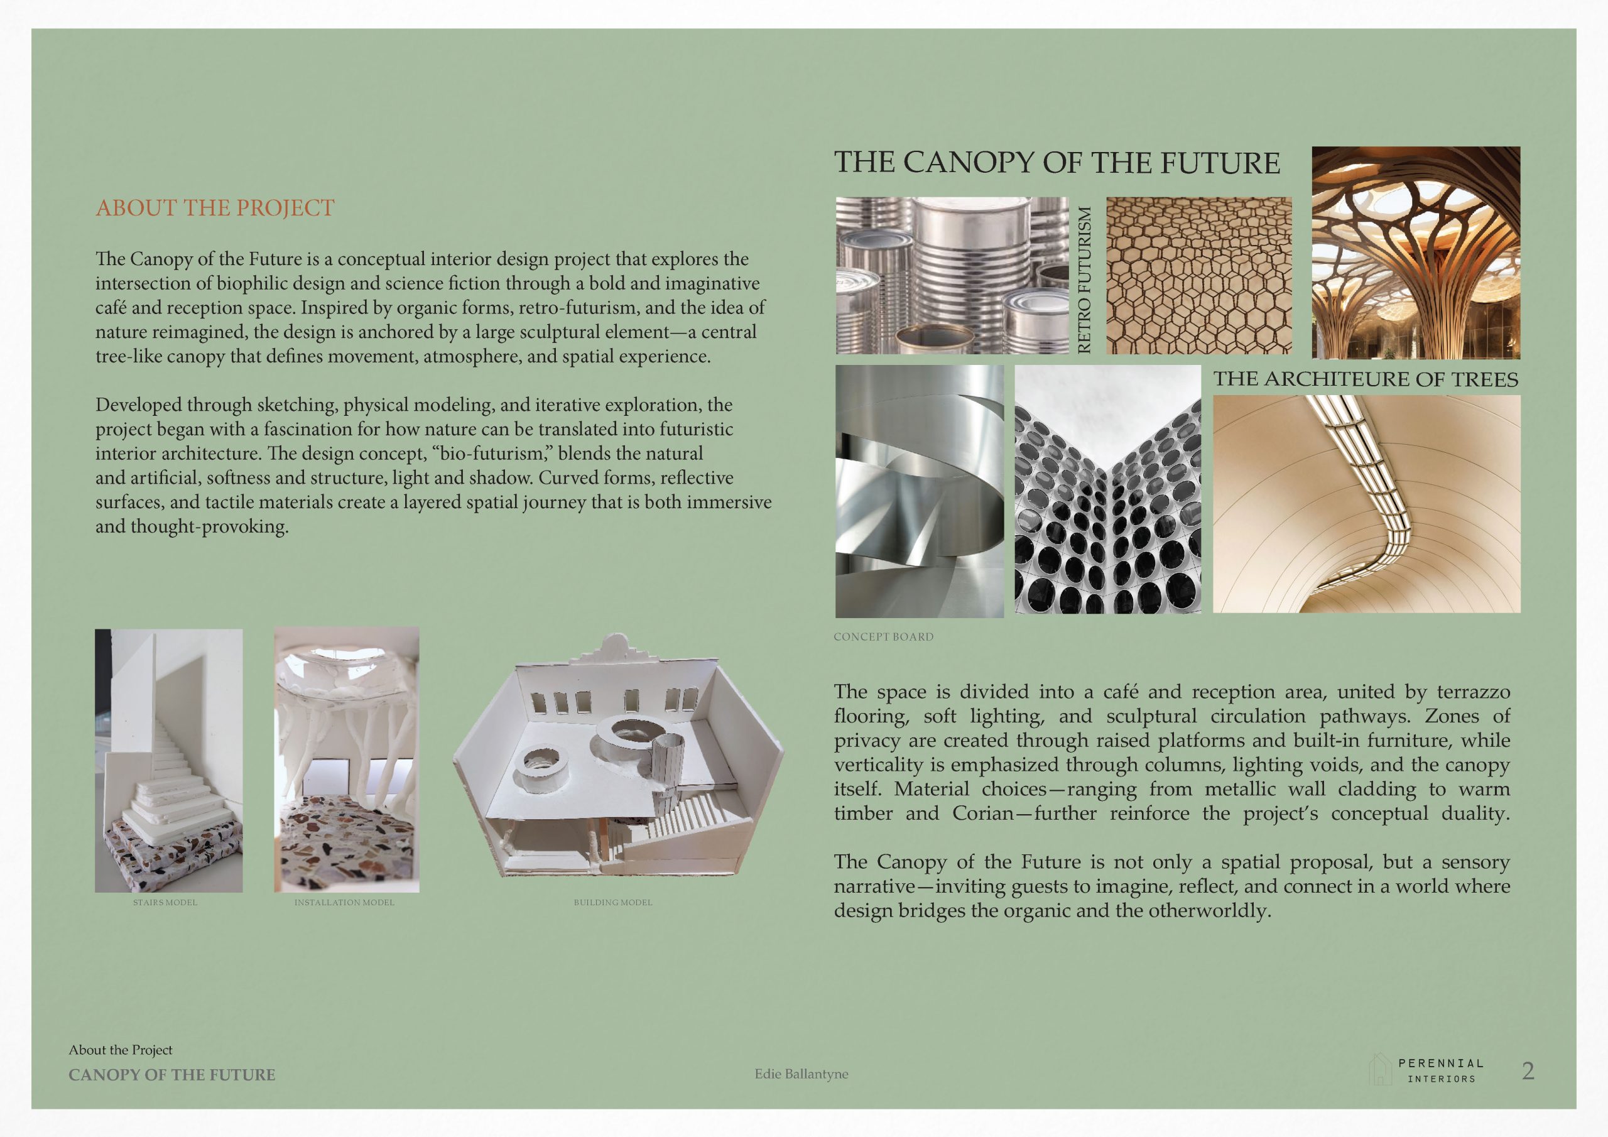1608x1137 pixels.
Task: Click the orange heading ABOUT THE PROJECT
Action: [215, 208]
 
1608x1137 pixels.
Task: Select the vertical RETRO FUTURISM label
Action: [1085, 280]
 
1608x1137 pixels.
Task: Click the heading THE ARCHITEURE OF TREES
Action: [1366, 379]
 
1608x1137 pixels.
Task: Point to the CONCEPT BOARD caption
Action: [883, 637]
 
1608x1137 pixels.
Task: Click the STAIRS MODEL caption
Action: [165, 902]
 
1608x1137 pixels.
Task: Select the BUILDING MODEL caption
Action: [613, 902]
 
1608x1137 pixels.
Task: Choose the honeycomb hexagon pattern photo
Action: [1199, 275]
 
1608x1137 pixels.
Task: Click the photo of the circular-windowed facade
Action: [1108, 489]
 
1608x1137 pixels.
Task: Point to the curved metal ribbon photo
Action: [919, 491]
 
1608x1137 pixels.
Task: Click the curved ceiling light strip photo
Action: [1366, 504]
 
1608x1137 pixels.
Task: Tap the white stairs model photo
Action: [169, 760]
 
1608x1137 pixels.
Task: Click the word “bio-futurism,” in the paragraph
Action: [494, 454]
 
